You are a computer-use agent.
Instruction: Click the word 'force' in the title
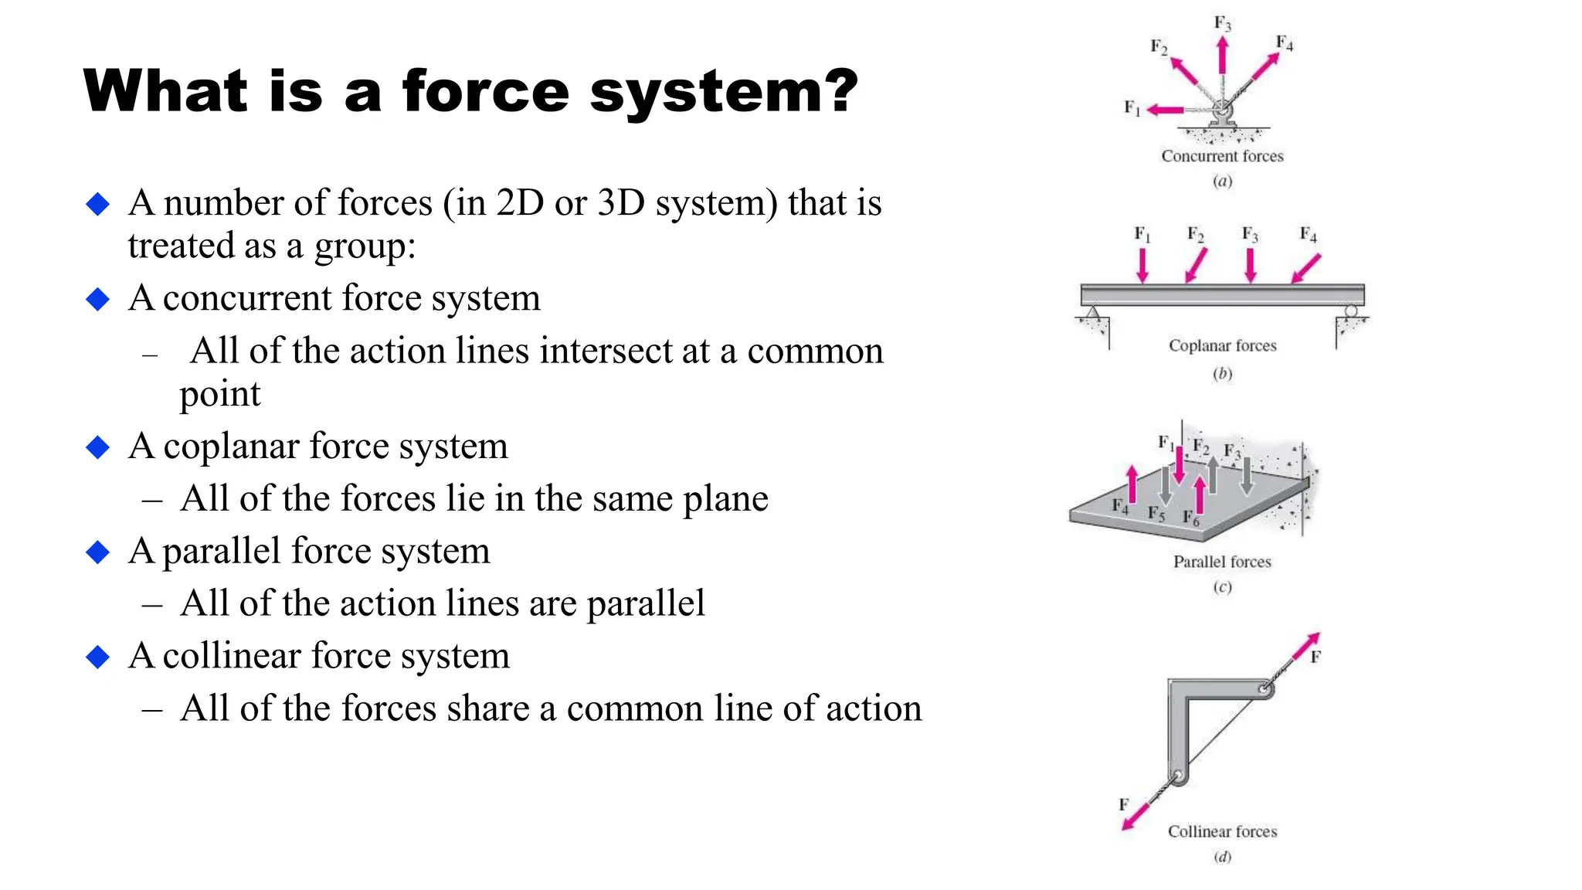click(x=485, y=91)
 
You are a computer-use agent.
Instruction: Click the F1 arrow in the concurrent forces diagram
click(x=1165, y=110)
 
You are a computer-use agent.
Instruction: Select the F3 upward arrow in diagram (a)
click(x=1222, y=55)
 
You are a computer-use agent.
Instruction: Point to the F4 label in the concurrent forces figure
click(x=1284, y=42)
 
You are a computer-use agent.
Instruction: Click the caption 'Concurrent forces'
click(x=1222, y=156)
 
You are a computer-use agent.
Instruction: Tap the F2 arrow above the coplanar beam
click(x=1196, y=266)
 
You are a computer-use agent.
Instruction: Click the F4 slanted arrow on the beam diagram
click(x=1306, y=268)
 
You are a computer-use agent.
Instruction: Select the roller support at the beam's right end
click(x=1350, y=311)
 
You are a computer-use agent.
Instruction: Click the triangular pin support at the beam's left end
click(x=1092, y=313)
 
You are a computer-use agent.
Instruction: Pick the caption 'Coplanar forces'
click(x=1222, y=345)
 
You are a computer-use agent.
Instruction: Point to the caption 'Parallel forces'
click(x=1222, y=562)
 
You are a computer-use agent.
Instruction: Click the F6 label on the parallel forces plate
click(x=1191, y=518)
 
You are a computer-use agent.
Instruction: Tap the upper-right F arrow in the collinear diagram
click(x=1306, y=647)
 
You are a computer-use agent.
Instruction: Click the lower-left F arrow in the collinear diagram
click(x=1136, y=814)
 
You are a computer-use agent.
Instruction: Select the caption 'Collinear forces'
click(x=1222, y=831)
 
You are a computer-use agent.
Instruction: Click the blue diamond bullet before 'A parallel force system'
click(x=98, y=552)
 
